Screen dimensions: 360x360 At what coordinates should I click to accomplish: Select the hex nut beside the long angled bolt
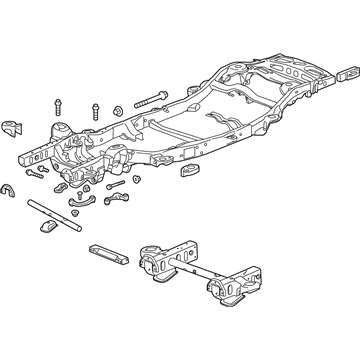(118, 108)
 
